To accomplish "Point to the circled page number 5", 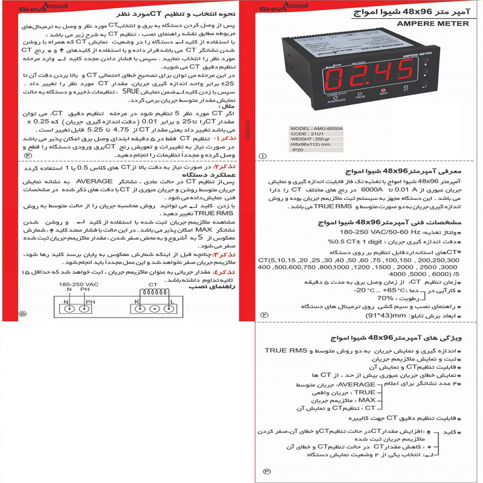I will click(23, 314).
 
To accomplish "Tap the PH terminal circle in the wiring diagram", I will click(89, 309).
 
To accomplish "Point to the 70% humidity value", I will click(385, 298).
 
